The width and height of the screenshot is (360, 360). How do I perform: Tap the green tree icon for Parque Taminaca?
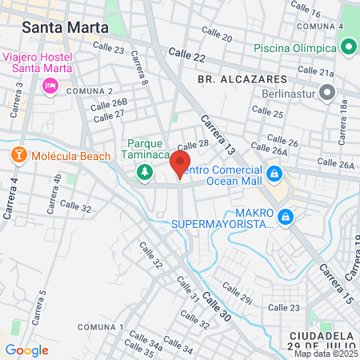pyautogui.click(x=145, y=171)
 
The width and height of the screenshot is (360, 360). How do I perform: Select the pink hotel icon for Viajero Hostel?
pyautogui.click(x=50, y=85)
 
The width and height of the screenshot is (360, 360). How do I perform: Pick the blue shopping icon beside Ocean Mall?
pyautogui.click(x=274, y=173)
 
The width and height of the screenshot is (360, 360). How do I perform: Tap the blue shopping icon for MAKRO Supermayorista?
pyautogui.click(x=285, y=216)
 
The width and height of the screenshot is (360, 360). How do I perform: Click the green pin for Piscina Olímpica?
pyautogui.click(x=349, y=47)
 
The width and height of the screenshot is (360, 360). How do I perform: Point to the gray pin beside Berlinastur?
pyautogui.click(x=326, y=92)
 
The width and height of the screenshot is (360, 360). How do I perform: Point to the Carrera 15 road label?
pyautogui.click(x=336, y=282)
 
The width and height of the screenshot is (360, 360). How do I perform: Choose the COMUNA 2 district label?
pyautogui.click(x=84, y=91)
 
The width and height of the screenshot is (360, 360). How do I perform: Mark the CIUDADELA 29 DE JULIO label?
pyautogui.click(x=327, y=338)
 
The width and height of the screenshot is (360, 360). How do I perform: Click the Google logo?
pyautogui.click(x=26, y=350)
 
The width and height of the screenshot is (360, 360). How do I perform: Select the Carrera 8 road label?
pyautogui.click(x=139, y=68)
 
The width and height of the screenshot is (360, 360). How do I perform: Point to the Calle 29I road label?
pyautogui.click(x=236, y=294)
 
